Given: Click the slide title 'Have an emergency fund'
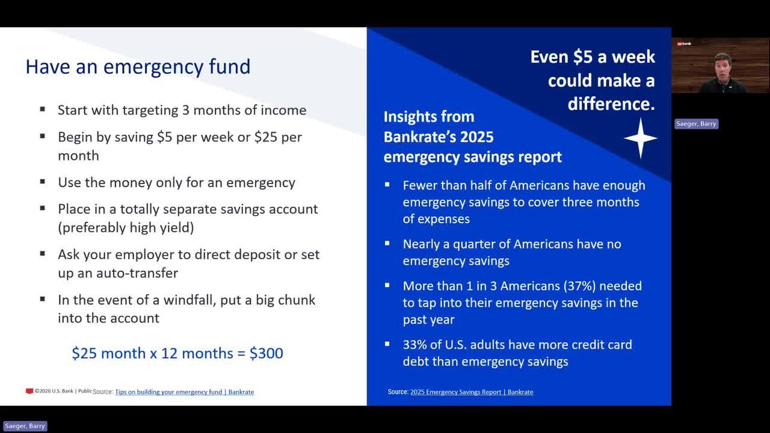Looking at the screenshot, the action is click(138, 67).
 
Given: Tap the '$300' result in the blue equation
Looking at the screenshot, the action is click(266, 353).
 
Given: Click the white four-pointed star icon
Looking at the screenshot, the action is click(641, 138).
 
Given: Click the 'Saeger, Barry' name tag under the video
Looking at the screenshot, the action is click(696, 124).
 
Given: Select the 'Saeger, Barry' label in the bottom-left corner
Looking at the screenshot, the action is click(25, 426).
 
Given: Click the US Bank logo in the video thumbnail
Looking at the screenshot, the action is click(684, 44).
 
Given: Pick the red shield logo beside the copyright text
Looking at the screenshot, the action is click(29, 391).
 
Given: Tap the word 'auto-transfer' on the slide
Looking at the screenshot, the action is click(137, 273).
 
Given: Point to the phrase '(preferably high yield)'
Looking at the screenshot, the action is click(126, 228).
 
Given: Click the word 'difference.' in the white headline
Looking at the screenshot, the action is click(611, 104).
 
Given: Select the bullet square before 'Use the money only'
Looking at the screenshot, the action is click(43, 182).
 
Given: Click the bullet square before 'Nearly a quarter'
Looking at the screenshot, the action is click(387, 244).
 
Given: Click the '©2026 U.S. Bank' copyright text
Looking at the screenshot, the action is click(54, 391).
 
